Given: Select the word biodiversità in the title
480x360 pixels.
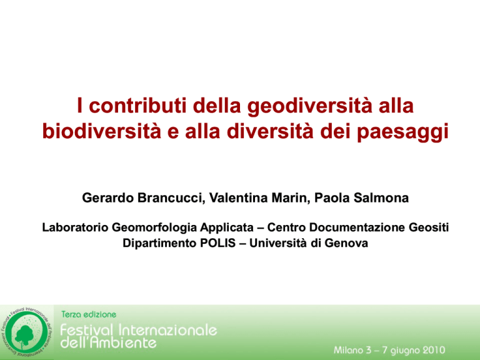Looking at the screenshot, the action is (102, 131).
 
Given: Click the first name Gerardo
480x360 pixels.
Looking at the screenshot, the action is (107, 197).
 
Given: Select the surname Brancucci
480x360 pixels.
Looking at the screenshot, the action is (171, 197).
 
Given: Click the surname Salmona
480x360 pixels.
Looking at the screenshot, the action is (381, 197).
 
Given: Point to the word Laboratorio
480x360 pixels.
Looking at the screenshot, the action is (75, 227).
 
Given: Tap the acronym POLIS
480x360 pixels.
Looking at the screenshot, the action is (217, 243).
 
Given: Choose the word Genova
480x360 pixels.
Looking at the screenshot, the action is (346, 243).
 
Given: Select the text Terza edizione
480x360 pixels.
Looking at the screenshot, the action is (89, 314).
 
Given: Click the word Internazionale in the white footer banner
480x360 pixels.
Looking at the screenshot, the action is (167, 330).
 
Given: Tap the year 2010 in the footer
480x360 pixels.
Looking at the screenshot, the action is (434, 350).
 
